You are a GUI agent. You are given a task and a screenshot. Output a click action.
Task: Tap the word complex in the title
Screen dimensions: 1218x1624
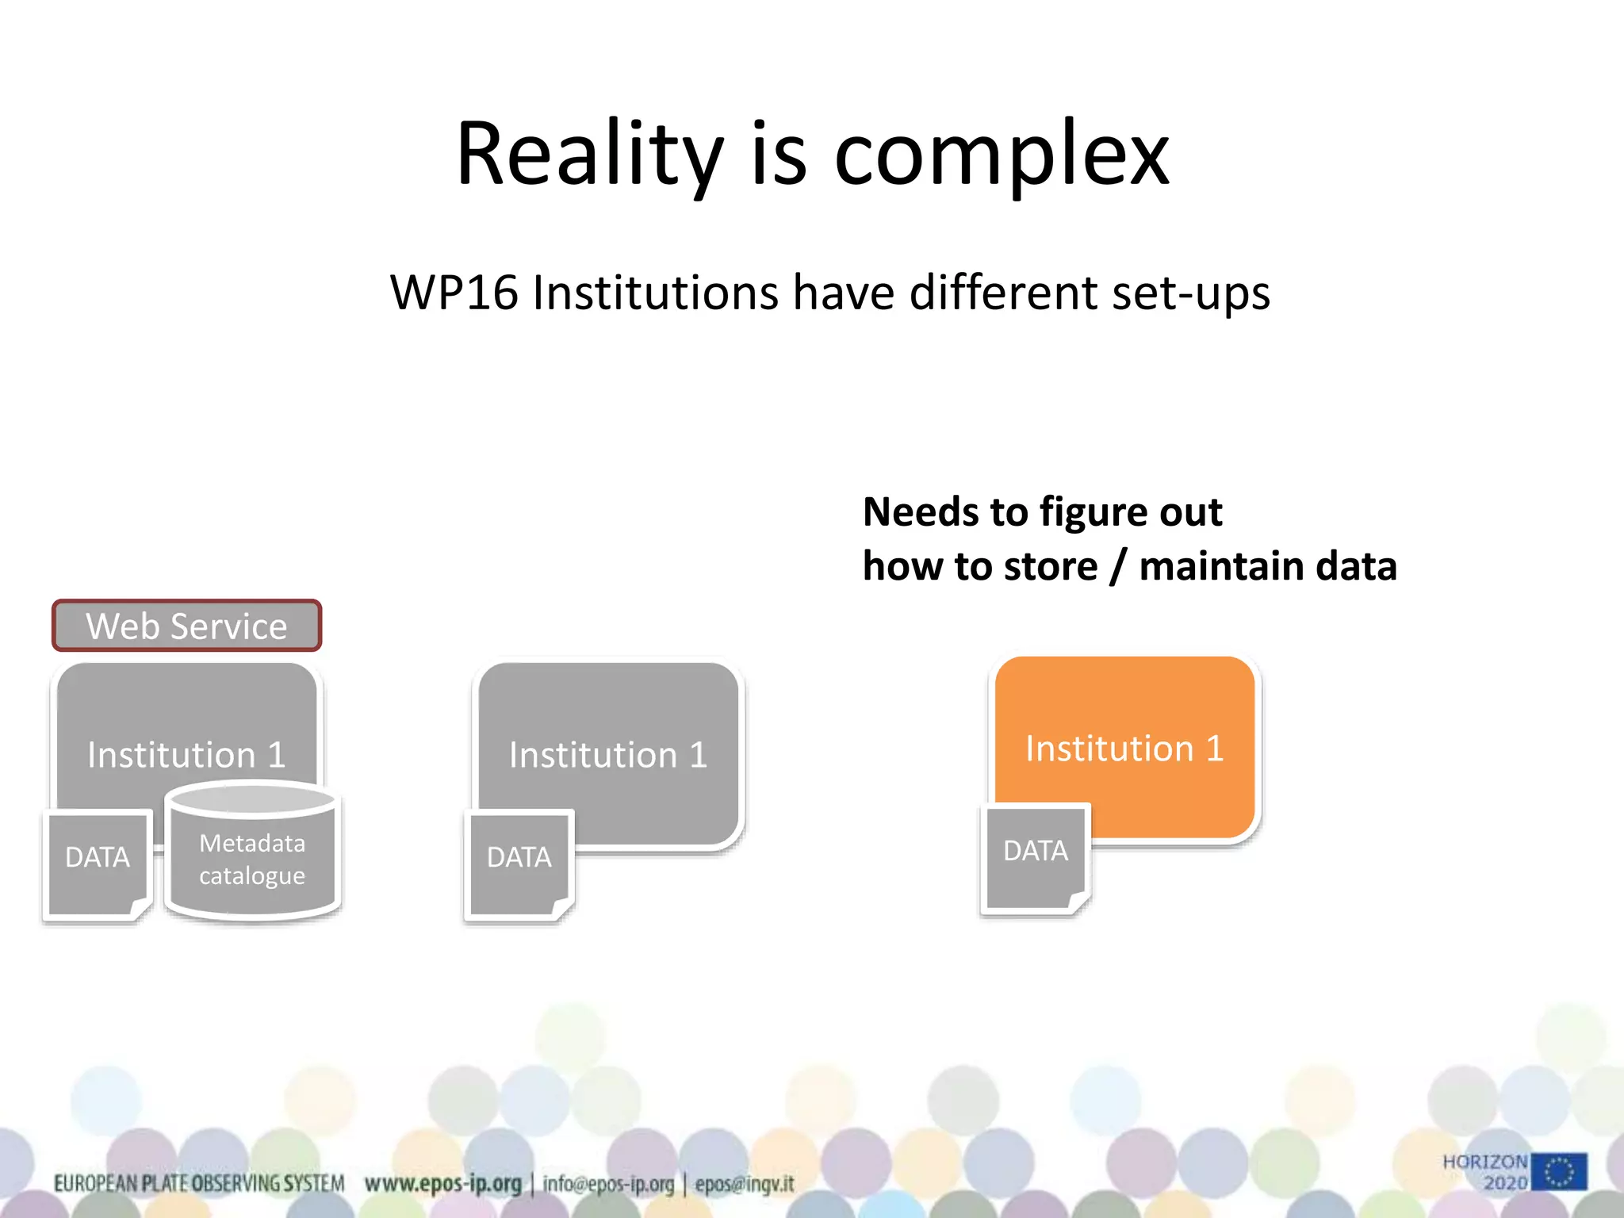point(1002,155)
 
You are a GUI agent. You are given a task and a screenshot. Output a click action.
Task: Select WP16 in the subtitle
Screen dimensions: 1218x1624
point(454,293)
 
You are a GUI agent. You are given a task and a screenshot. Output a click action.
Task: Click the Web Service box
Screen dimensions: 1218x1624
point(187,626)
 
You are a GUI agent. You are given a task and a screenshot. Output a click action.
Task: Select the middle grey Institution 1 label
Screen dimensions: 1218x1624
point(607,754)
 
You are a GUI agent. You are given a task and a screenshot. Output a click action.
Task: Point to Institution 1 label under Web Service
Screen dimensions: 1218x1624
point(186,754)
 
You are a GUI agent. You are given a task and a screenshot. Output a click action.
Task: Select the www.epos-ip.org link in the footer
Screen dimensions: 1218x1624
point(442,1184)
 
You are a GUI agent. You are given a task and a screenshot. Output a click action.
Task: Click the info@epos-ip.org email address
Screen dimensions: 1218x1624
point(608,1184)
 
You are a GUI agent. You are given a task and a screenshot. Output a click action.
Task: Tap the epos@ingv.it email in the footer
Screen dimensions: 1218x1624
point(744,1184)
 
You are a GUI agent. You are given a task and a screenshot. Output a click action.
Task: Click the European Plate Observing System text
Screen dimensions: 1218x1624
point(198,1184)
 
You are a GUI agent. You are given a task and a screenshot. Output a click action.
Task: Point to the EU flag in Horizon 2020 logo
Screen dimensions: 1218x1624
point(1559,1171)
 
